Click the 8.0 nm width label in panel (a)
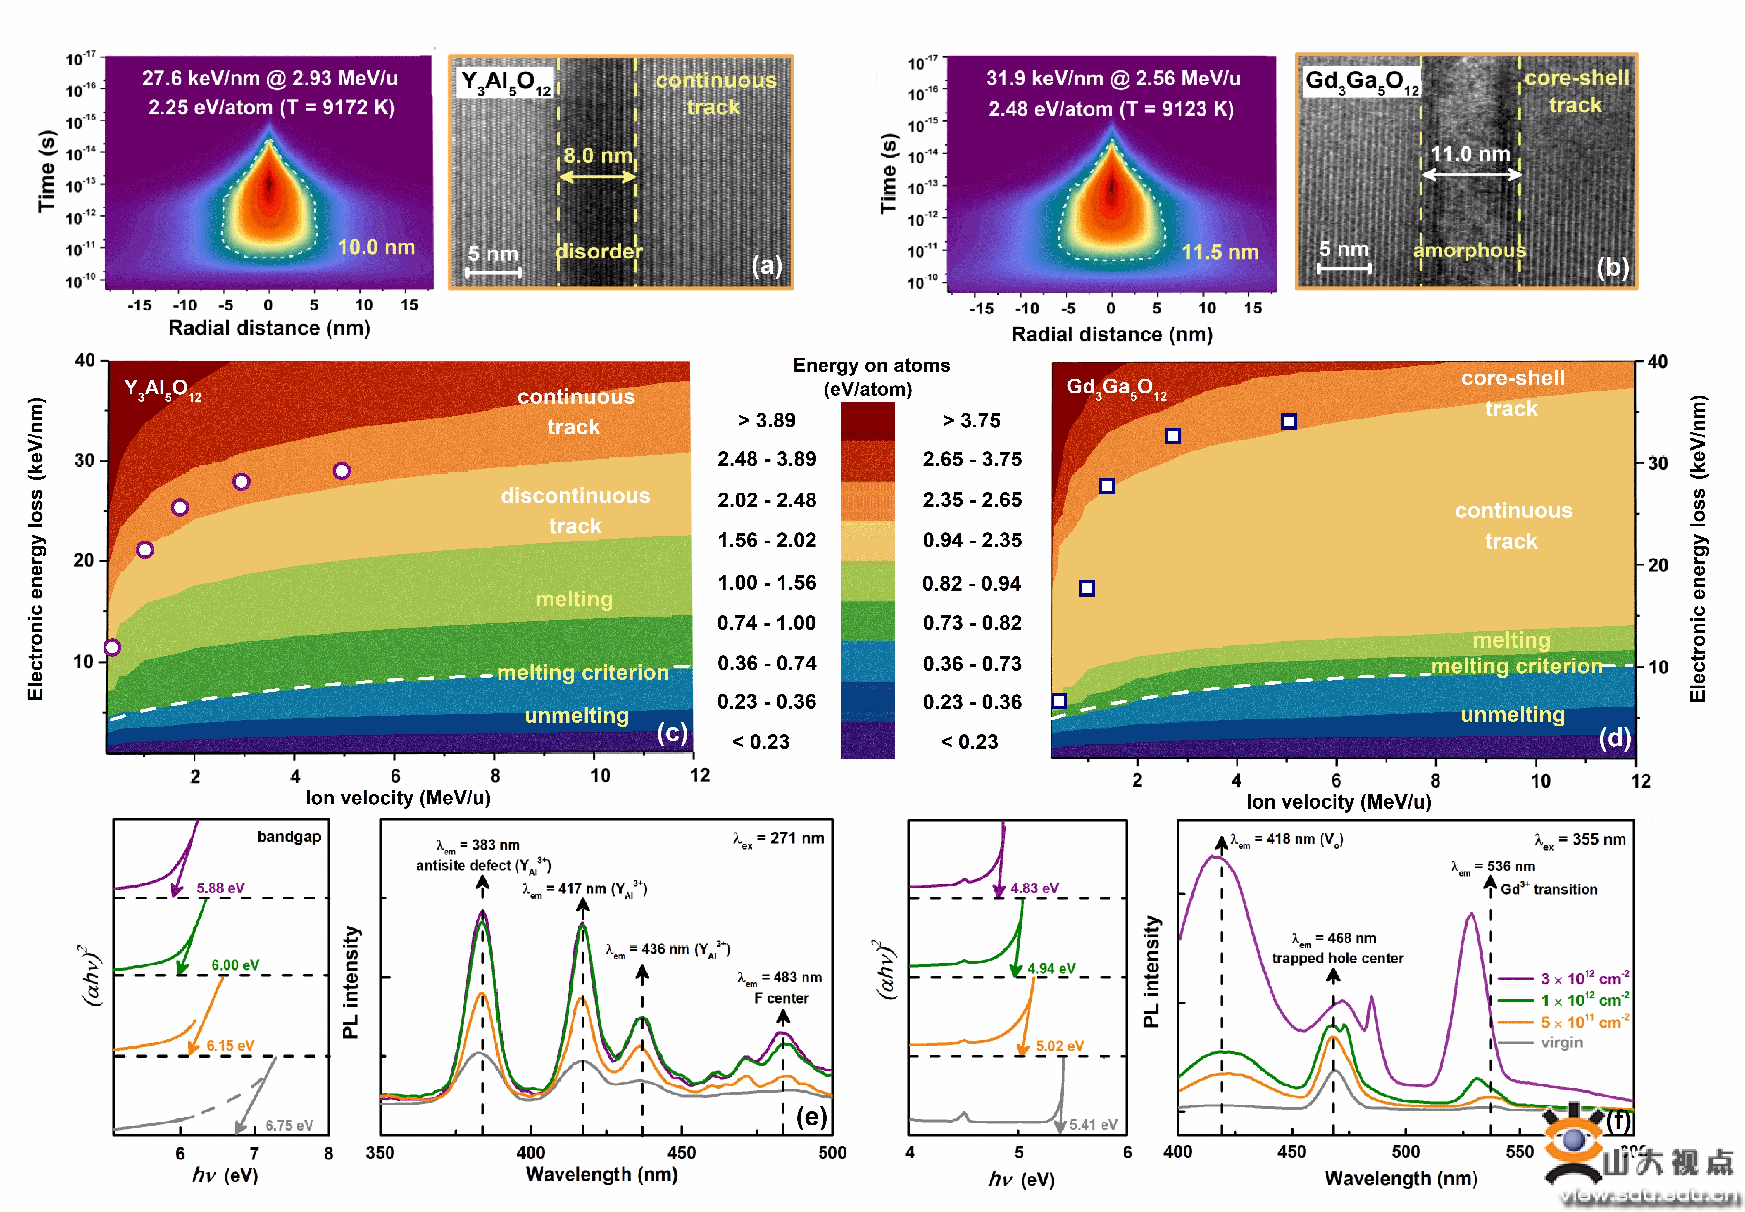(x=598, y=156)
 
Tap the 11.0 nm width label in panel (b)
(x=1470, y=154)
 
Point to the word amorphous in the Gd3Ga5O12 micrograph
(x=1469, y=251)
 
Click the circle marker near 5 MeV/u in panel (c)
(x=342, y=471)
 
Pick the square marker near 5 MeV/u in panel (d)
(x=1289, y=422)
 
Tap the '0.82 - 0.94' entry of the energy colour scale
(x=972, y=583)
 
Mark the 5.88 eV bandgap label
(x=220, y=888)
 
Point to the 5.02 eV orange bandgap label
(x=1060, y=1046)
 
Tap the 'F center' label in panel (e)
(x=781, y=998)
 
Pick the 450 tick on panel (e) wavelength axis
(x=681, y=1153)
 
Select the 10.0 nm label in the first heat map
(x=377, y=248)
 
